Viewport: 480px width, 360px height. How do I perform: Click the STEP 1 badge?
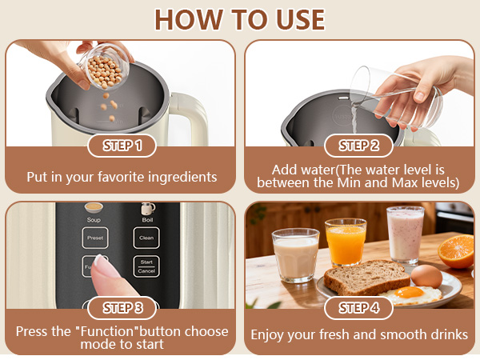click(x=122, y=146)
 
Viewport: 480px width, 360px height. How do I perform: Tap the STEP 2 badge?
click(x=358, y=146)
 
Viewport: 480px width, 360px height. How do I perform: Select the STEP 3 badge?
click(x=122, y=308)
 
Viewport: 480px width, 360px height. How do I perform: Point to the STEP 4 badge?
click(x=358, y=308)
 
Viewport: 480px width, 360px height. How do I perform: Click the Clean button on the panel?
click(x=146, y=238)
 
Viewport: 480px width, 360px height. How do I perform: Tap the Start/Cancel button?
click(x=146, y=266)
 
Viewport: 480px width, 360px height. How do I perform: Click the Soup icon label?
click(x=94, y=220)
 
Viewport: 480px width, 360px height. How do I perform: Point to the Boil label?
click(x=147, y=220)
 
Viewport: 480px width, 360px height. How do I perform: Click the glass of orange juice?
click(x=346, y=242)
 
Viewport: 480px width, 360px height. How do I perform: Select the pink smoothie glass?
click(x=406, y=234)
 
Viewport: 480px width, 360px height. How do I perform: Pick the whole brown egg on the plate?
click(x=426, y=276)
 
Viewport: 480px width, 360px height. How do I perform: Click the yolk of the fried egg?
click(x=409, y=292)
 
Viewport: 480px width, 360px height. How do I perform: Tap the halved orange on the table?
click(x=456, y=251)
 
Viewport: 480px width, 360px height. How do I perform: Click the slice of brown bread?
click(x=366, y=277)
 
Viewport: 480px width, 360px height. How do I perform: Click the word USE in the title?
click(x=300, y=19)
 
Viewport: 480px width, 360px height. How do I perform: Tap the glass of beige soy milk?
click(x=295, y=255)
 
